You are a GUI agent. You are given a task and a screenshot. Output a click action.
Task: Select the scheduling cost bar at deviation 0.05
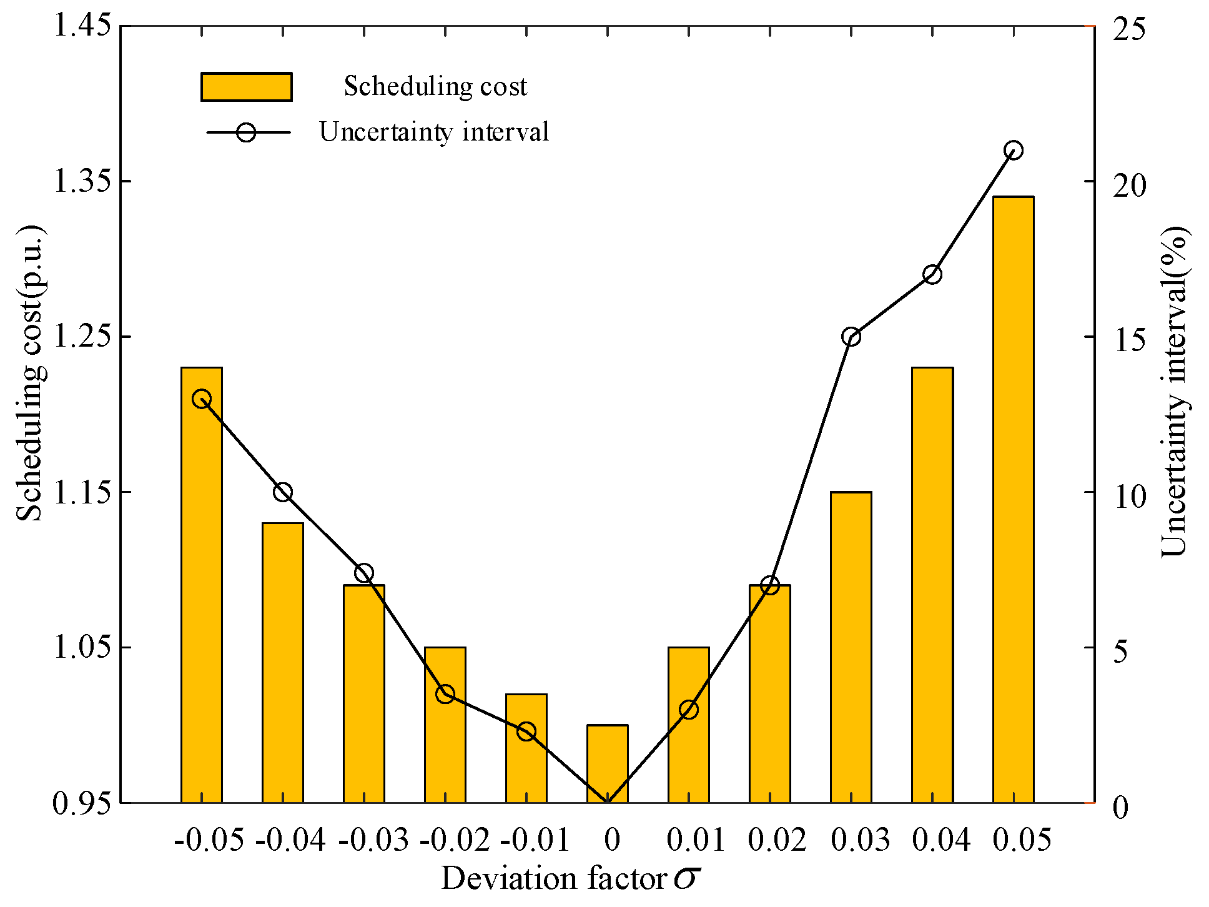pyautogui.click(x=1013, y=500)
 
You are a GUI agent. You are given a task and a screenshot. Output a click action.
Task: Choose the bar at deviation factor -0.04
pyautogui.click(x=282, y=662)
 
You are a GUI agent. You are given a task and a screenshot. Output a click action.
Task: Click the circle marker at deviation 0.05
pyautogui.click(x=1013, y=151)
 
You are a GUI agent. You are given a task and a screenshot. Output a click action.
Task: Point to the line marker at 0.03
pyautogui.click(x=851, y=337)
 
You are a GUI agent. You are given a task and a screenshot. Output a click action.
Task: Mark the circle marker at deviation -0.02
pyautogui.click(x=445, y=694)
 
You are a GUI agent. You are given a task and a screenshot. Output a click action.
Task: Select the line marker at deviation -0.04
pyautogui.click(x=282, y=492)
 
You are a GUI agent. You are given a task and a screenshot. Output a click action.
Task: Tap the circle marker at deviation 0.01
pyautogui.click(x=688, y=710)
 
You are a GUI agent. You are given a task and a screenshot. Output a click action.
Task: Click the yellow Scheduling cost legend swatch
pyautogui.click(x=246, y=87)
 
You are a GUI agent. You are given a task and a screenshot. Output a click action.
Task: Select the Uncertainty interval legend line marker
pyautogui.click(x=246, y=132)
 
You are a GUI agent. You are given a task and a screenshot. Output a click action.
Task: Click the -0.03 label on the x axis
pyautogui.click(x=373, y=840)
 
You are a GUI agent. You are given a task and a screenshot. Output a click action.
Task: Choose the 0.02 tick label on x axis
pyautogui.click(x=777, y=840)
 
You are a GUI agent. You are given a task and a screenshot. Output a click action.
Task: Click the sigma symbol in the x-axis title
pyautogui.click(x=686, y=878)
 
